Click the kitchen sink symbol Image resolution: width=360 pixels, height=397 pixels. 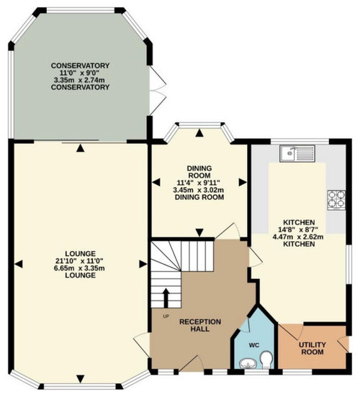pos(297,153)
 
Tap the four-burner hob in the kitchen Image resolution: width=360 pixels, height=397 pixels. pos(336,200)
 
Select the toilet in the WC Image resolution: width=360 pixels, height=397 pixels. pos(266,360)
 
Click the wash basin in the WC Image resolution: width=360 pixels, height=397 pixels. pos(248,364)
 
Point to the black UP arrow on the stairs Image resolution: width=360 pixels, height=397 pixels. pos(166,298)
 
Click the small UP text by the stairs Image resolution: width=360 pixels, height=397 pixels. pos(166,316)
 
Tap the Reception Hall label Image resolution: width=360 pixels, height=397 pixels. pos(200,325)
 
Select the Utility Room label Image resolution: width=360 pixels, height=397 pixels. pos(312,348)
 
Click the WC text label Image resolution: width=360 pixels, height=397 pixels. pos(254,345)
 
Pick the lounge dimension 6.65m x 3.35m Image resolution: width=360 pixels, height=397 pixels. pos(80,268)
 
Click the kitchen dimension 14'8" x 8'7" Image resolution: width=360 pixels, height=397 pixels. pos(299,229)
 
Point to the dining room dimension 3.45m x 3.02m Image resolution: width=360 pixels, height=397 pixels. pos(199,190)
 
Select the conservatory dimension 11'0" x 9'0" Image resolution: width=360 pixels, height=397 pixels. pos(80,73)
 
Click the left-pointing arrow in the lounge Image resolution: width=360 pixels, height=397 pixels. pos(19,264)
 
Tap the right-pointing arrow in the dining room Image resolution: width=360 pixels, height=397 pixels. pos(243,182)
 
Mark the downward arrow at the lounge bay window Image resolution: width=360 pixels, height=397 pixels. pos(81,379)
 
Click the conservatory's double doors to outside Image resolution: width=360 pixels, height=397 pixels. pos(158,91)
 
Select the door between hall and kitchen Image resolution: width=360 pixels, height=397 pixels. pos(255,257)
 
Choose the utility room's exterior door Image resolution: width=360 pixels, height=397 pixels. pos(343,344)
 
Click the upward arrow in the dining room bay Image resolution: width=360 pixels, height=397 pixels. pos(199,132)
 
